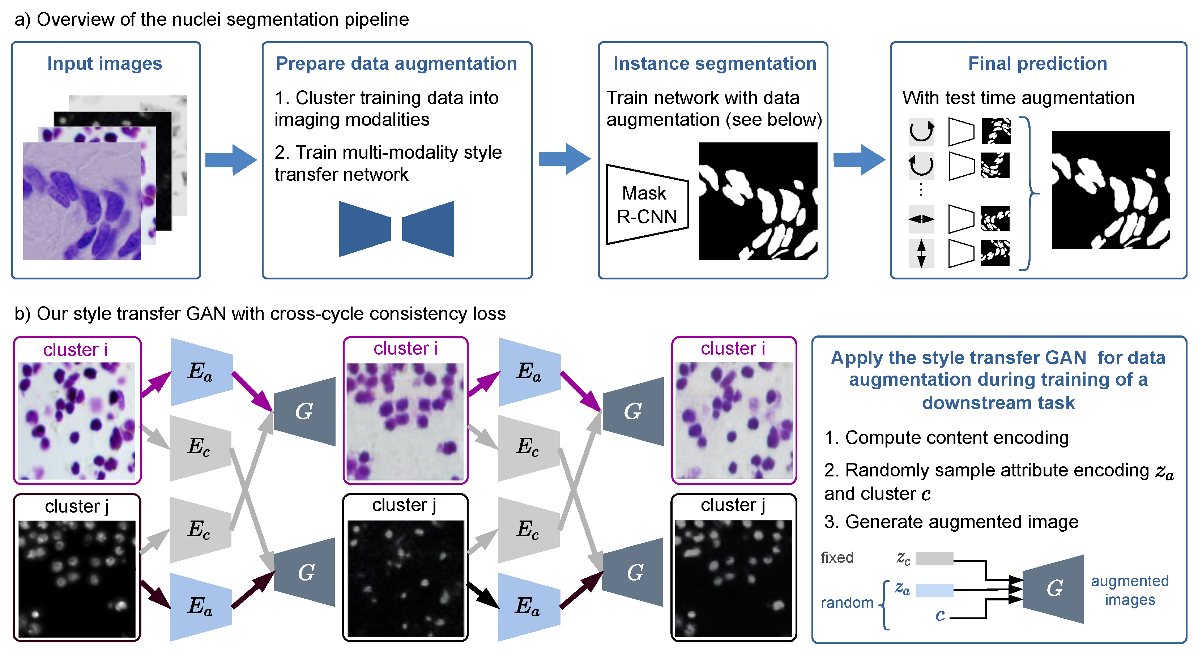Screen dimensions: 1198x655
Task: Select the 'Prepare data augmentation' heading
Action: tap(396, 64)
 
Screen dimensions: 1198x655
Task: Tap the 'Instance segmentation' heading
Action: tap(715, 64)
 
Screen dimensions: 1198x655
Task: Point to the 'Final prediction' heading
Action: tap(1037, 64)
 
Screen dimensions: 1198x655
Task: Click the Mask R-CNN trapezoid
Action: tap(647, 205)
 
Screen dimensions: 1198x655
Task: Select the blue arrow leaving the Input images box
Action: tap(231, 160)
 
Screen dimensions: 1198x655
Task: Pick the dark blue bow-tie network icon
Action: tap(396, 229)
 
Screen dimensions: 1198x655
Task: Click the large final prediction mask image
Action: tap(1110, 190)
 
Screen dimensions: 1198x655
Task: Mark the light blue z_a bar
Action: tap(934, 590)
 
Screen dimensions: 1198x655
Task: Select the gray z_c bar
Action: tap(934, 558)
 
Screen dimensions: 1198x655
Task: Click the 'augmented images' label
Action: tap(1130, 590)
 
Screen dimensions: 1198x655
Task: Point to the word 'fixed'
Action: tap(837, 557)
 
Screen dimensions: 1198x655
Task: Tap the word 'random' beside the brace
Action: tap(847, 603)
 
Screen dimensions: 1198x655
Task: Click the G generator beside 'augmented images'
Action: tap(1053, 588)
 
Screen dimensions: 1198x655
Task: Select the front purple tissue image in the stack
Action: tap(82, 201)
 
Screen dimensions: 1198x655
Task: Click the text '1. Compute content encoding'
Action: tap(946, 437)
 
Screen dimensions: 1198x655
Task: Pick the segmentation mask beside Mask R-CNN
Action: tap(758, 201)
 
